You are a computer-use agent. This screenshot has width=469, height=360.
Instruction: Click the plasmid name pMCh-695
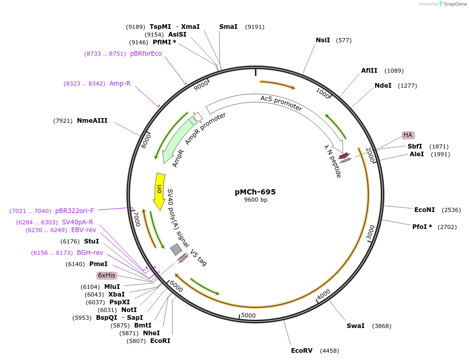pyautogui.click(x=255, y=192)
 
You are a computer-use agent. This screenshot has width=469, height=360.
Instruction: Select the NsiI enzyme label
pyautogui.click(x=323, y=40)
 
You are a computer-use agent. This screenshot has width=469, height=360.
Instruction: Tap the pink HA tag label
pyautogui.click(x=408, y=135)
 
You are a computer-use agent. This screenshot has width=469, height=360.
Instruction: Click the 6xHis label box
pyautogui.click(x=107, y=275)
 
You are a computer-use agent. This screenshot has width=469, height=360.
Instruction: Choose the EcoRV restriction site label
pyautogui.click(x=302, y=351)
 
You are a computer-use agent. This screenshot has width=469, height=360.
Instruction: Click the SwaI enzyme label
pyautogui.click(x=355, y=326)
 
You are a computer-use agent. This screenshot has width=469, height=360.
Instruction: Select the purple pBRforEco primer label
pyautogui.click(x=145, y=54)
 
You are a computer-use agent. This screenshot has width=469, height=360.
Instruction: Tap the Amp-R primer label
pyautogui.click(x=120, y=84)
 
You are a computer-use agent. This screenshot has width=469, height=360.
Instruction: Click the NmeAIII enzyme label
pyautogui.click(x=92, y=121)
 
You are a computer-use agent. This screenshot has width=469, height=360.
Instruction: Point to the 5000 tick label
pyautogui.click(x=248, y=315)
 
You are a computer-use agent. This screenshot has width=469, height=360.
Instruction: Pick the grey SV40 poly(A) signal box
pyautogui.click(x=176, y=250)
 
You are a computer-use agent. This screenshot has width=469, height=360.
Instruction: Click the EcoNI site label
pyautogui.click(x=425, y=210)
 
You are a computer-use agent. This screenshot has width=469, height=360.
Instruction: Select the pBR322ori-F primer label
pyautogui.click(x=75, y=211)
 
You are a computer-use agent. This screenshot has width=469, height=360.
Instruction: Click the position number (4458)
pyautogui.click(x=330, y=351)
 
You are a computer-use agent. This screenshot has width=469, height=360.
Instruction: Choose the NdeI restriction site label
pyautogui.click(x=383, y=86)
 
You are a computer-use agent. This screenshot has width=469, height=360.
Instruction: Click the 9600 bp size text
pyautogui.click(x=255, y=200)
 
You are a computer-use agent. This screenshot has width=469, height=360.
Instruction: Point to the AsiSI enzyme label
pyautogui.click(x=177, y=35)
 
